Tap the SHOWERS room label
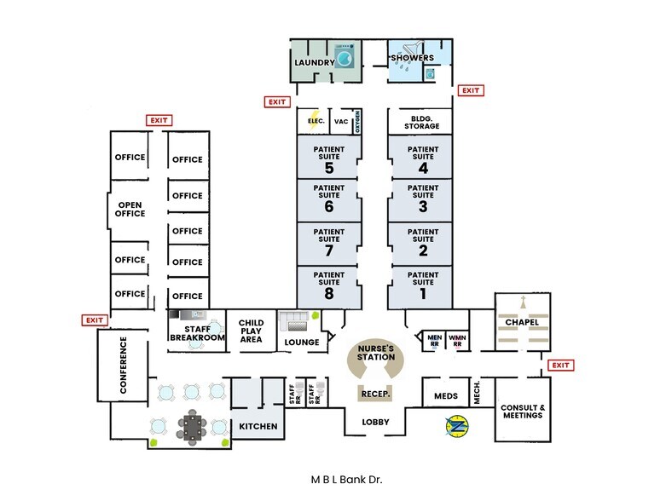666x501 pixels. coord(413,58)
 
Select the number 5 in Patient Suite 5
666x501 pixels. coord(329,168)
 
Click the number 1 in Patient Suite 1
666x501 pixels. coord(422,294)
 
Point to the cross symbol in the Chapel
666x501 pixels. coord(522,302)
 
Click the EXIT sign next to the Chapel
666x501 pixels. coord(559,366)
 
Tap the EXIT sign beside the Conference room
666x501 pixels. coord(93,320)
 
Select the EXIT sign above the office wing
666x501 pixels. coord(159,120)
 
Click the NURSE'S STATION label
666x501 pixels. coord(376,352)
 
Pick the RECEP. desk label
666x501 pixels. coord(376,394)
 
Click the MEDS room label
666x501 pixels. coord(446,396)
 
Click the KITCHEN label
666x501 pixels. coord(258,426)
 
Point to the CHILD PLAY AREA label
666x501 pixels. coord(252,331)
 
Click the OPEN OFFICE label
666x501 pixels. coord(130,209)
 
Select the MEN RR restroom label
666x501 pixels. coord(434,339)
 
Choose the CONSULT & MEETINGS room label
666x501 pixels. coord(522,410)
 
